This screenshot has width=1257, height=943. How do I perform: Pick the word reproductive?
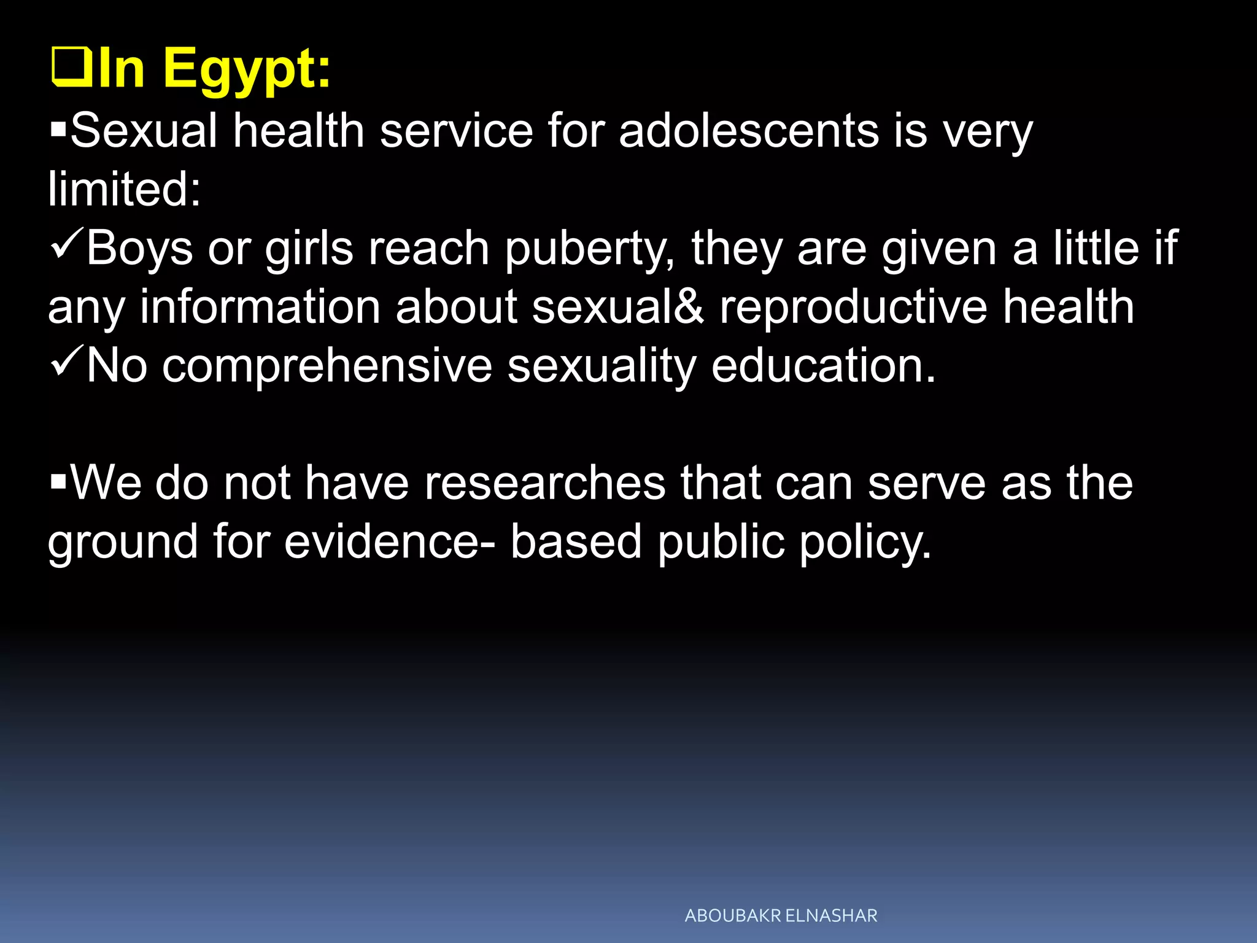853,306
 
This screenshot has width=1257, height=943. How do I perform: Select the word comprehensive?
327,366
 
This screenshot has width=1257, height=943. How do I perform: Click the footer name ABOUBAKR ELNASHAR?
781,915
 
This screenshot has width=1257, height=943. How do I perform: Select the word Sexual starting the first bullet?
144,130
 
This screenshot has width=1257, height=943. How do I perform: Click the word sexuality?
601,366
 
